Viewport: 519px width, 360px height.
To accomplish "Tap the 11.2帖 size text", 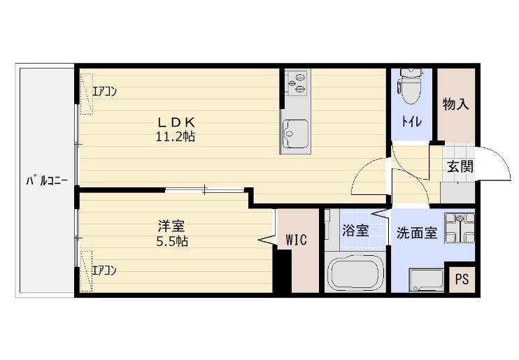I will tap(175, 137).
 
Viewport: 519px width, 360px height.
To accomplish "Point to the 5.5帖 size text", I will tap(171, 242).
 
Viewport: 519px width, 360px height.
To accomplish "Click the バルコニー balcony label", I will tap(46, 180).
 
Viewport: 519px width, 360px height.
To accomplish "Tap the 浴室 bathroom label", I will tap(355, 231).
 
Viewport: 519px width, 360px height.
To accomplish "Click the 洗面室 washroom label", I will tap(417, 233).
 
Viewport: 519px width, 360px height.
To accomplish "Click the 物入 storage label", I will tap(455, 104).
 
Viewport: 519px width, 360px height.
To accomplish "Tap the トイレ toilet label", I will tap(411, 122).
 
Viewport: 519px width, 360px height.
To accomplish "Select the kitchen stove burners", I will tap(297, 82).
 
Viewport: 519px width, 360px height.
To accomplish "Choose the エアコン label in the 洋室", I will tap(105, 269).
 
